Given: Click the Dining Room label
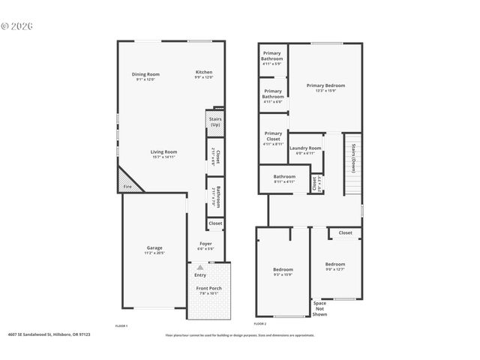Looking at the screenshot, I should tap(146, 73).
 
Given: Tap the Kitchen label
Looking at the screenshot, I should tap(204, 72).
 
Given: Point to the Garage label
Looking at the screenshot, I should tap(154, 247).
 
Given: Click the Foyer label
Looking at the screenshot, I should tap(205, 243).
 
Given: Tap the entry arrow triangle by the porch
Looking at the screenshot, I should tap(199, 266).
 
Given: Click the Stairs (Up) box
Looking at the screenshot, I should tap(214, 121).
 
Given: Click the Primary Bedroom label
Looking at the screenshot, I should tap(325, 85).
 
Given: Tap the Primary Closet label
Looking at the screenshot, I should tap(273, 137).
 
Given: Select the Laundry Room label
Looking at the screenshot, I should tap(305, 148).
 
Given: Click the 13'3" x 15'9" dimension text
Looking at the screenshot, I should tap(325, 91).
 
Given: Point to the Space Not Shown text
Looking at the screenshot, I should tap(319, 309).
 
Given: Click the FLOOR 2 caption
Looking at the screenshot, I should tap(260, 323).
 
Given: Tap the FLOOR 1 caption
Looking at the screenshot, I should tap(121, 325).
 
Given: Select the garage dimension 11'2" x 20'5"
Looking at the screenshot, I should tap(154, 253).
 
